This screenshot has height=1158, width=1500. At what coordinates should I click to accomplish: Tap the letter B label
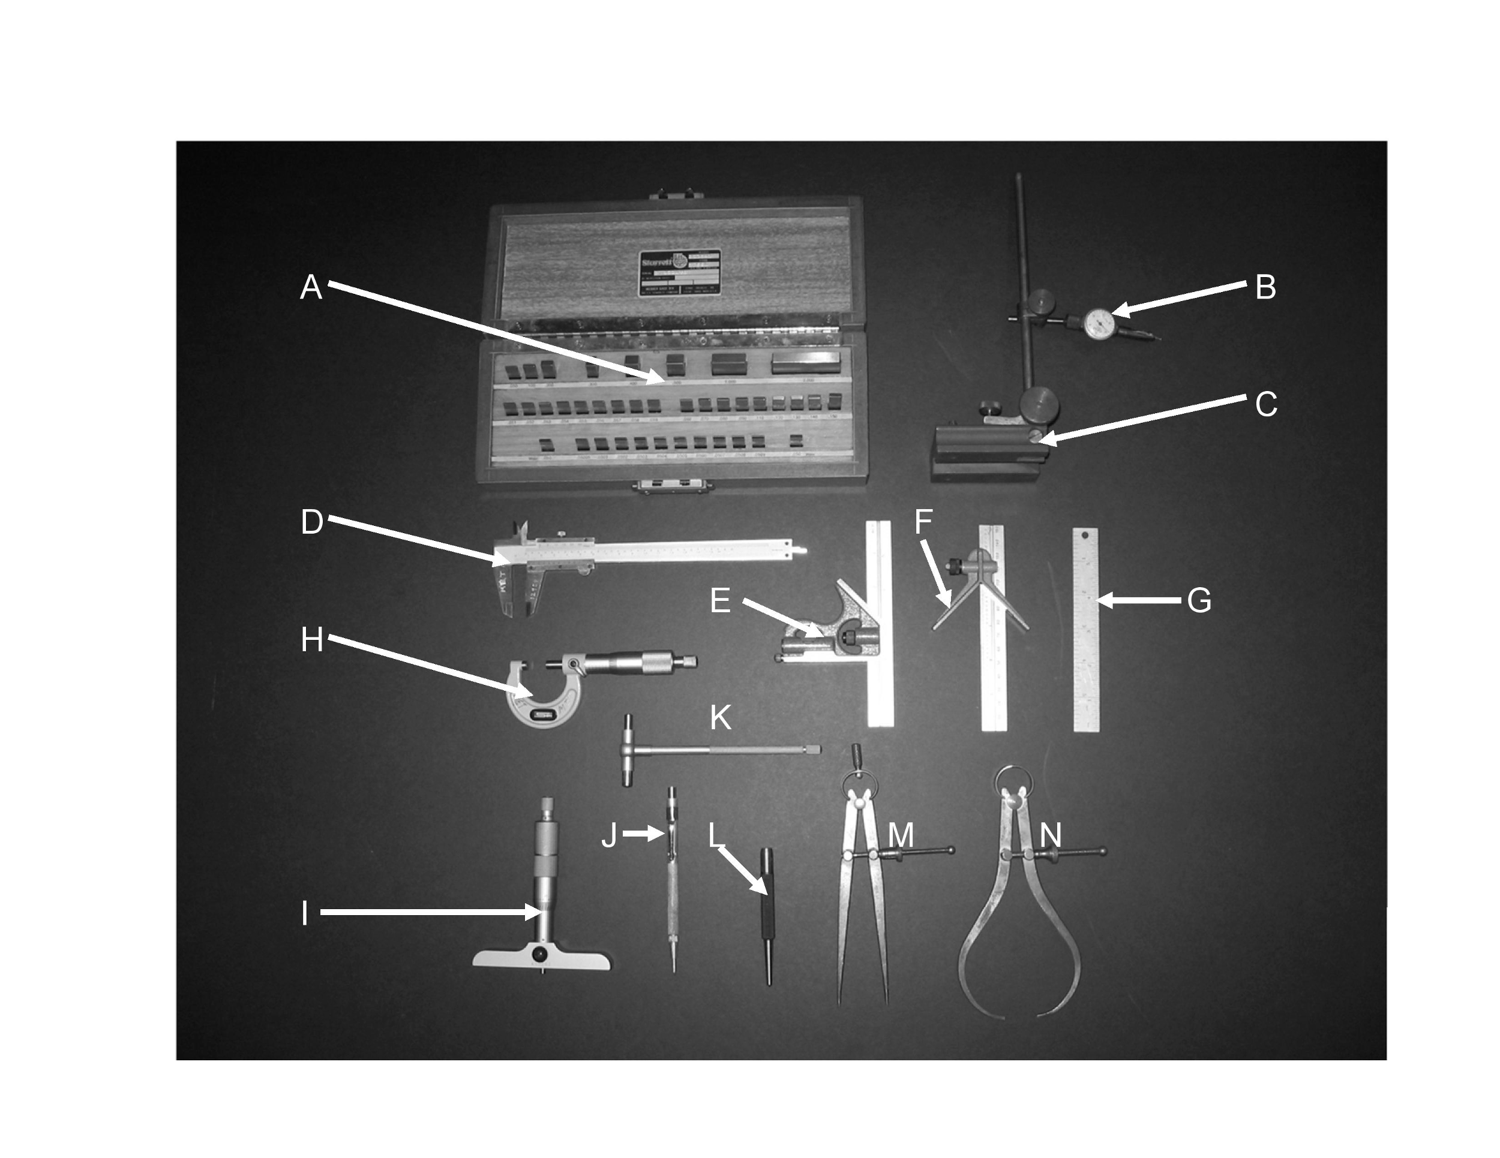tap(1265, 287)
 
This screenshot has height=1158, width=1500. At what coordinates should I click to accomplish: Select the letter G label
tap(1199, 601)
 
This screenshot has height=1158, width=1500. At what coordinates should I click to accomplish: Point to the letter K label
tap(720, 718)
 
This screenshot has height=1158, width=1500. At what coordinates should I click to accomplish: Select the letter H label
tap(312, 640)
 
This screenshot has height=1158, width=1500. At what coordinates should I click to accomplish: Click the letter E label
tap(720, 601)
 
